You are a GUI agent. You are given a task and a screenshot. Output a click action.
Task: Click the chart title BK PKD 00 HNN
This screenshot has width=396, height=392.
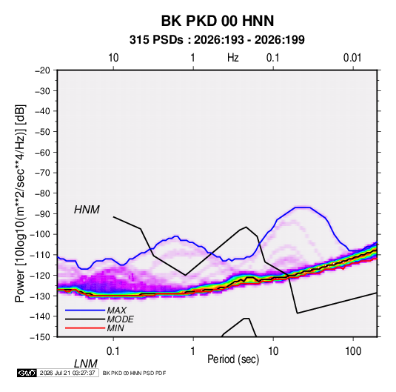(218, 21)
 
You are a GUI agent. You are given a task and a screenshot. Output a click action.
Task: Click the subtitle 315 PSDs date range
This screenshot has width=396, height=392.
(217, 40)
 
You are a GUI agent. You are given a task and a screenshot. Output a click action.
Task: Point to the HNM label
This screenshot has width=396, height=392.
(87, 210)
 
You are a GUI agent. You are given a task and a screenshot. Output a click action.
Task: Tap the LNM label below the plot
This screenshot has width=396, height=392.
(86, 364)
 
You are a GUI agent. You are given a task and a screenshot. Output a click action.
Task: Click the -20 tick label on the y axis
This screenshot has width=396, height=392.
(42, 70)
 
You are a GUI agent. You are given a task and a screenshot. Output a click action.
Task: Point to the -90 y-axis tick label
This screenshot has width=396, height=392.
(42, 214)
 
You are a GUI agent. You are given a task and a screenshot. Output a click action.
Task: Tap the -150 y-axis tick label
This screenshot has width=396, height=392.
(41, 337)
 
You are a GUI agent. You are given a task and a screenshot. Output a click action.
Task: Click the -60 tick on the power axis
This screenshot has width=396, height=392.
(42, 153)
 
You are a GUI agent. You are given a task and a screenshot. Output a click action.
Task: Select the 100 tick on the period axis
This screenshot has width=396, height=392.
(353, 351)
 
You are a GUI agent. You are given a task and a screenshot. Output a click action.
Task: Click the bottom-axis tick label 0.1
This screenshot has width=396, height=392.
(113, 351)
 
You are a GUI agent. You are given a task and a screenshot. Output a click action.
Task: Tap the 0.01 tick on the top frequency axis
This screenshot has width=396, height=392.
(352, 58)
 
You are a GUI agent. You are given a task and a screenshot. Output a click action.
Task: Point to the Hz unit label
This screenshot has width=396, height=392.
(233, 58)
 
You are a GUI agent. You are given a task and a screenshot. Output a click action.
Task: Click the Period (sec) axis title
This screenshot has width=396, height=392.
(233, 359)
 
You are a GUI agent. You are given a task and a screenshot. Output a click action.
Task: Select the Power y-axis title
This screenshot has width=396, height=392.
(20, 203)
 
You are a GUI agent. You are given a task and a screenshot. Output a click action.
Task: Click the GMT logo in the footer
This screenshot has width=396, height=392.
(27, 373)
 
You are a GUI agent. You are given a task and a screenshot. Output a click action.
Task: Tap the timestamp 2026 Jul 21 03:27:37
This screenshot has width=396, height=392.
(67, 373)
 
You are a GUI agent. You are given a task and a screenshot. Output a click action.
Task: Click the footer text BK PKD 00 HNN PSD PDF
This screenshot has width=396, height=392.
(135, 373)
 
